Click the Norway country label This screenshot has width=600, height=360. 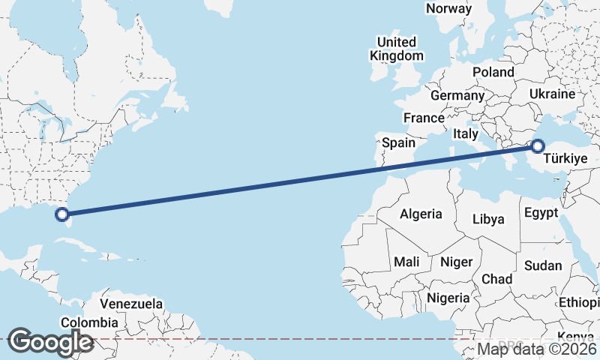click(x=448, y=9)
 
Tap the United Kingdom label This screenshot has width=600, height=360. click(x=397, y=49)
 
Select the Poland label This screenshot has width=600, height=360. click(x=493, y=72)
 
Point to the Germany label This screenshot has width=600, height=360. click(x=457, y=96)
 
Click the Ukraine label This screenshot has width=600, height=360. click(x=551, y=94)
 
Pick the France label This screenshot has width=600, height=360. click(x=424, y=118)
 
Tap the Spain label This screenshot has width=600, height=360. click(x=398, y=142)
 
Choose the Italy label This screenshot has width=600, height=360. click(x=465, y=133)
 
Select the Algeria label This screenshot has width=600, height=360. click(x=421, y=214)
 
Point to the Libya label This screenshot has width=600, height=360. click(x=488, y=220)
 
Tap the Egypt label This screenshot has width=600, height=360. click(x=541, y=213)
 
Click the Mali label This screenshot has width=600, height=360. click(x=406, y=262)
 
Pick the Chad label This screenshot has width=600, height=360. click(x=496, y=279)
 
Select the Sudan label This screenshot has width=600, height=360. click(x=543, y=265)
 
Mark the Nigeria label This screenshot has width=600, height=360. click(x=448, y=298)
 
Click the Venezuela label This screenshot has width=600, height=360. click(x=131, y=304)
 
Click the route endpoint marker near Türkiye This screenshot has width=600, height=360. click(x=538, y=146)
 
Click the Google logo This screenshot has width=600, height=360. click(x=50, y=341)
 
